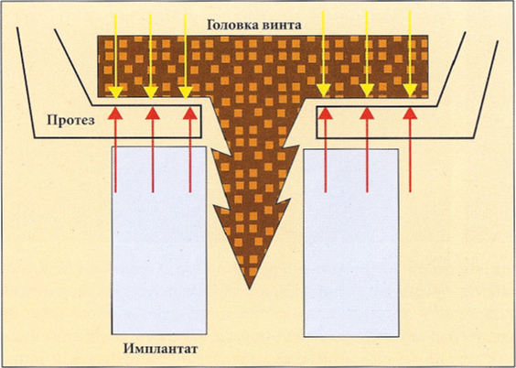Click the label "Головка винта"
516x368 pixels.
click(x=254, y=26)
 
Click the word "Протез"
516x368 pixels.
click(x=70, y=121)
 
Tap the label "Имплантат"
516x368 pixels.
click(x=161, y=349)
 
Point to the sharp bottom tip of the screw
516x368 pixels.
click(x=250, y=288)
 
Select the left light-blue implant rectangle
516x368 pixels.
click(x=159, y=240)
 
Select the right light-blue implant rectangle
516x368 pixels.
click(x=351, y=243)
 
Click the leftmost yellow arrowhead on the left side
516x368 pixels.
click(x=115, y=92)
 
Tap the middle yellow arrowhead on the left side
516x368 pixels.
click(x=150, y=92)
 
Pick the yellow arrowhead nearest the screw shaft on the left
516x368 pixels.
click(x=186, y=92)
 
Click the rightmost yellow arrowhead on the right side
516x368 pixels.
click(x=410, y=91)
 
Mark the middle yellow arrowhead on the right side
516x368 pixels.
click(x=367, y=91)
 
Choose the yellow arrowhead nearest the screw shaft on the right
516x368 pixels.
click(x=324, y=91)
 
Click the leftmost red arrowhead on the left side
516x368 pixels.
click(x=115, y=113)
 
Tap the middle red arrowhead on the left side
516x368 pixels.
click(x=153, y=113)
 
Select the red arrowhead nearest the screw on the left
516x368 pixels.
click(x=190, y=113)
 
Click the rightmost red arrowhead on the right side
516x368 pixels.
click(x=410, y=113)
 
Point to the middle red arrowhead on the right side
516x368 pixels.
click(x=367, y=113)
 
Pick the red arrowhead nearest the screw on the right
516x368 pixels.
click(x=326, y=113)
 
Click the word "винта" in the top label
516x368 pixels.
click(x=282, y=26)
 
